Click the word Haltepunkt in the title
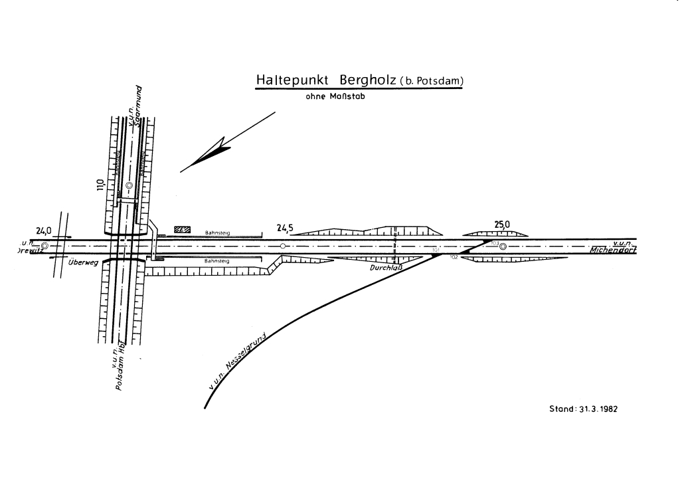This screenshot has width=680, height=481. [293, 80]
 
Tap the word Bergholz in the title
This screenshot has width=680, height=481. [368, 80]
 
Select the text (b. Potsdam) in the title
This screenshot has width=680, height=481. [431, 82]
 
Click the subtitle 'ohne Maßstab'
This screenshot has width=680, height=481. [335, 96]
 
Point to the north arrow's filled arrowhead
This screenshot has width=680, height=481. [214, 152]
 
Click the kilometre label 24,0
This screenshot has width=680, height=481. [44, 231]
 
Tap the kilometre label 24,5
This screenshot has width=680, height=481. [285, 229]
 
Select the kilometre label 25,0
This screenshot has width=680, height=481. [503, 225]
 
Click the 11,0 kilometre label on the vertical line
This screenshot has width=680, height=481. [100, 185]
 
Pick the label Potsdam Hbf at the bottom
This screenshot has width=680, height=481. [121, 371]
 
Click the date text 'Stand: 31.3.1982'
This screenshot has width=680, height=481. [583, 409]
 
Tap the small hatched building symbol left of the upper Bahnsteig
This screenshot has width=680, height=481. [181, 229]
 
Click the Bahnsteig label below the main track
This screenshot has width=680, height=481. [217, 262]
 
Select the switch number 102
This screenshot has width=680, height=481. [454, 256]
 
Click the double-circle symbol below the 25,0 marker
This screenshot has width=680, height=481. [503, 247]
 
